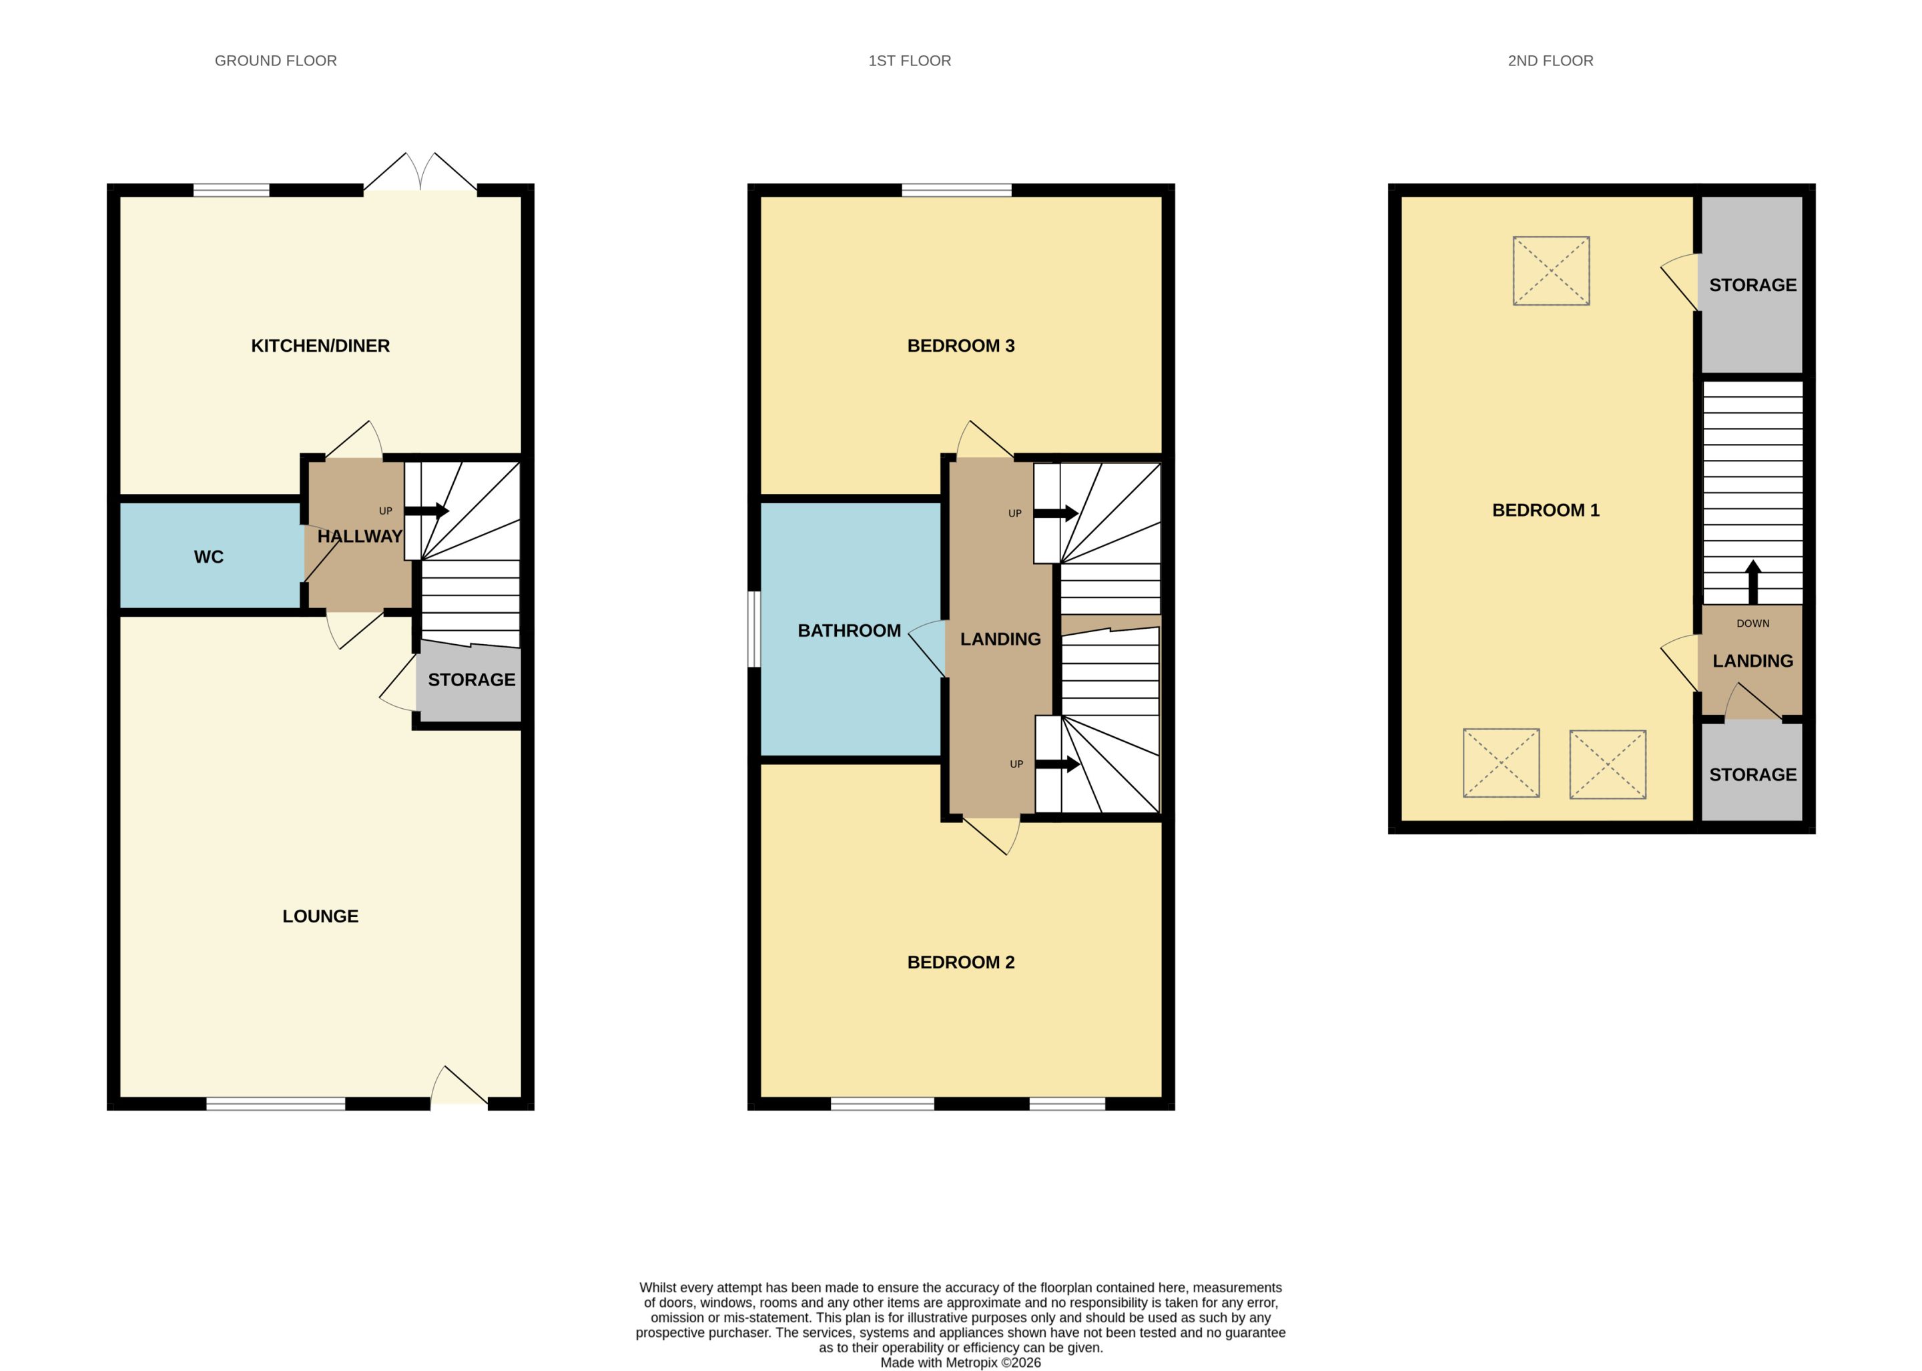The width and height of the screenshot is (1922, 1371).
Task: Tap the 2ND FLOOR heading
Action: (x=1550, y=61)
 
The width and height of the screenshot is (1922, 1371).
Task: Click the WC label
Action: (x=208, y=556)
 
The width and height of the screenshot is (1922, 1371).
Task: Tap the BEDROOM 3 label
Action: (x=960, y=345)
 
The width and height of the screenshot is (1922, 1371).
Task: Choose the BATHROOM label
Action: (x=849, y=631)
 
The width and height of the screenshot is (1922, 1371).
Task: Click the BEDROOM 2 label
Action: (x=960, y=962)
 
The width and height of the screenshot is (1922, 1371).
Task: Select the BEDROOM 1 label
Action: (x=1546, y=510)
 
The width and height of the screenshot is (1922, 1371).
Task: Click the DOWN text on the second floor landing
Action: (x=1752, y=623)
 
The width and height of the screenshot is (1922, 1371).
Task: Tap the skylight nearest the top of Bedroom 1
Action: (x=1550, y=270)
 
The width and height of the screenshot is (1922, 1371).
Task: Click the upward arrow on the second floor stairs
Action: (x=1752, y=581)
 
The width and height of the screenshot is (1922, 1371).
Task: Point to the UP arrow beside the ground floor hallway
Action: (x=426, y=511)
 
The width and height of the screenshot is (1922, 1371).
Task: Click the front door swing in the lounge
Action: (x=459, y=1087)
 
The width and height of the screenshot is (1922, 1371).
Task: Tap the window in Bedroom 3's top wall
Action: (x=956, y=190)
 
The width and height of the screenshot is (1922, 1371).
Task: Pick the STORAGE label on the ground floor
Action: (x=471, y=679)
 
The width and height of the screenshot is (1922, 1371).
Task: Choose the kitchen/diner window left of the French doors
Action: (x=232, y=190)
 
